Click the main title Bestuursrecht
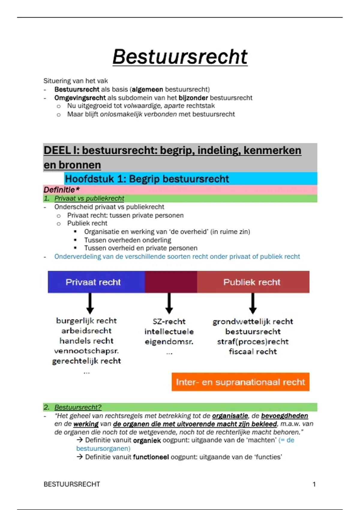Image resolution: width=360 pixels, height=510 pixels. click(x=180, y=57)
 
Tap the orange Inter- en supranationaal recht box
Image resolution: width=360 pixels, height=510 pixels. click(x=240, y=382)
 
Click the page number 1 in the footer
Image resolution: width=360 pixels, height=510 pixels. click(x=314, y=484)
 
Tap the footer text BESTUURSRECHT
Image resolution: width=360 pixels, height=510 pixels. click(x=72, y=484)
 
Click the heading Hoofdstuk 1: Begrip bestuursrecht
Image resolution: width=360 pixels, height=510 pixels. click(x=147, y=179)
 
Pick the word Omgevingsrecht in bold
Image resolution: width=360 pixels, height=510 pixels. click(x=80, y=98)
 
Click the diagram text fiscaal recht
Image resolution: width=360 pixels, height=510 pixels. click(x=253, y=352)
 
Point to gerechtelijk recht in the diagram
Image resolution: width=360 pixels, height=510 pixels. click(x=87, y=361)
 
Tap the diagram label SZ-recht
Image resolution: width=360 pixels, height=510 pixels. click(x=169, y=322)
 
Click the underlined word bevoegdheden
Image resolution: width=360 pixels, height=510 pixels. click(x=284, y=416)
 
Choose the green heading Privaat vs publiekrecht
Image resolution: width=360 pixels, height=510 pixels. click(x=89, y=198)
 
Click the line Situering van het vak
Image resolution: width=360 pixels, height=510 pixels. click(x=76, y=81)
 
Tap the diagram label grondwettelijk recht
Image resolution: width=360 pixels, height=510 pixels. click(x=253, y=322)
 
